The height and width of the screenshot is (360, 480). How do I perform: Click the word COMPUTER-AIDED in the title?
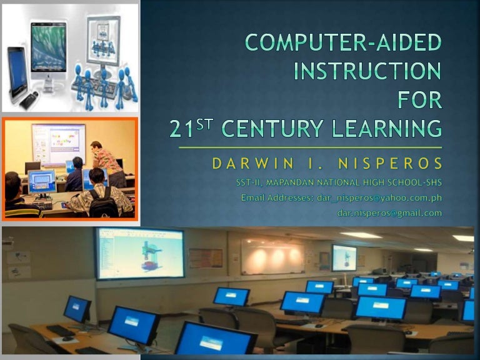pyautogui.click(x=342, y=43)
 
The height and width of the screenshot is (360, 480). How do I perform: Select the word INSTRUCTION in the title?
pyautogui.click(x=367, y=71)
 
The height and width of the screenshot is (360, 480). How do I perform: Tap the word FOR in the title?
pyautogui.click(x=419, y=100)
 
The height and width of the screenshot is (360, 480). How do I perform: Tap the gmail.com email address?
pyautogui.click(x=389, y=212)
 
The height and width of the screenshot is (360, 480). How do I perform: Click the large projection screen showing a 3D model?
pyautogui.click(x=140, y=252)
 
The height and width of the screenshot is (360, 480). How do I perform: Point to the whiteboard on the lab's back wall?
pyautogui.click(x=272, y=256)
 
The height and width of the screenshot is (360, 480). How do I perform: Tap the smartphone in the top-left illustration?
pyautogui.click(x=17, y=75)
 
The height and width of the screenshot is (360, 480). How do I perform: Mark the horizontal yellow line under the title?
pyautogui.click(x=310, y=147)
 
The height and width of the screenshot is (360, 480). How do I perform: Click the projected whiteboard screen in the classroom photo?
pyautogui.click(x=59, y=144)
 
